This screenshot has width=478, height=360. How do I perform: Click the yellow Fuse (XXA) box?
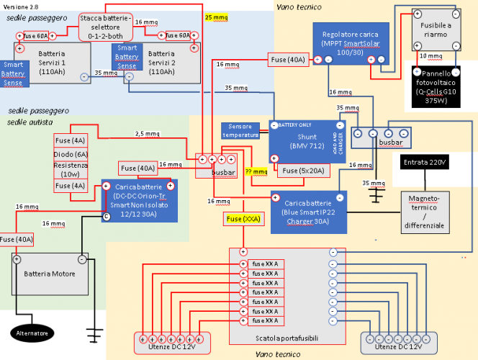click(243, 218)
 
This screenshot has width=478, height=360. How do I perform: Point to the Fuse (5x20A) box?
click(300, 171)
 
